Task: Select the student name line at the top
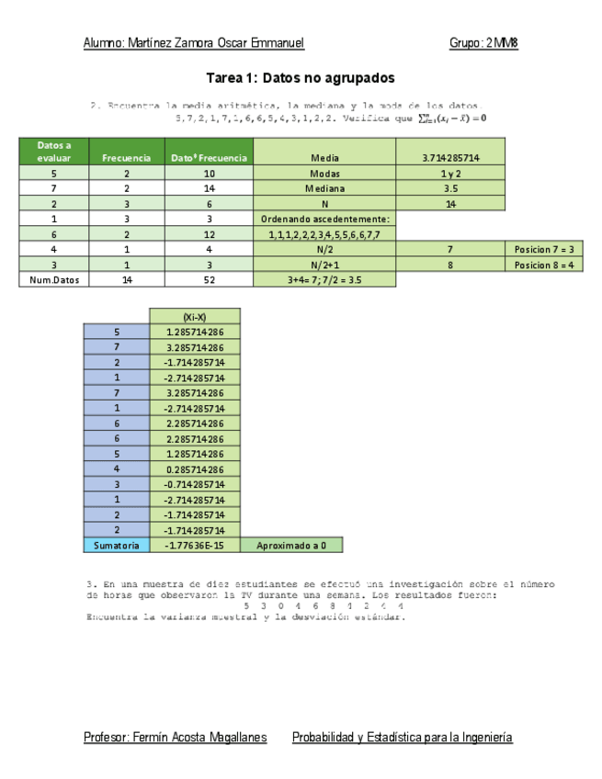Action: [x=193, y=43]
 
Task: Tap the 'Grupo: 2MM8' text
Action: [x=484, y=43]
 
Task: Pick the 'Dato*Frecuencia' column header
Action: [x=209, y=158]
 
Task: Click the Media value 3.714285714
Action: [x=450, y=158]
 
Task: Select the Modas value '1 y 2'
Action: [x=450, y=174]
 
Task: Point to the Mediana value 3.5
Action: [x=450, y=188]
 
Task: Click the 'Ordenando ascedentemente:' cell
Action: [x=324, y=219]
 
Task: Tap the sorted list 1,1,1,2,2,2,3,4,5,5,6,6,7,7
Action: [x=324, y=234]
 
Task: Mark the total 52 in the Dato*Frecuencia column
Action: [x=209, y=279]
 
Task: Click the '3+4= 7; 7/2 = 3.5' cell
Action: [x=324, y=279]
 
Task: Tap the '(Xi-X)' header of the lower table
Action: [x=194, y=316]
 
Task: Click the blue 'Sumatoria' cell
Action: [x=116, y=545]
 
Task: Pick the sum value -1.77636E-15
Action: [x=194, y=545]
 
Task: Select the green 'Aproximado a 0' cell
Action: [x=291, y=545]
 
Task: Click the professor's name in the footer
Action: [x=175, y=738]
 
